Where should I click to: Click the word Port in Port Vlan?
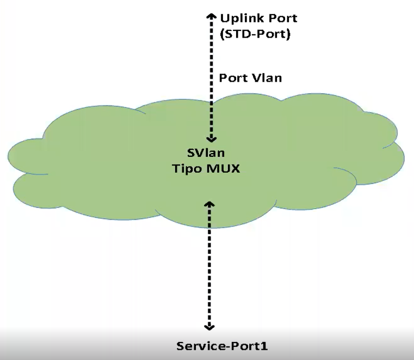(232, 77)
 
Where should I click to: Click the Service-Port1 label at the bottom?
(223, 345)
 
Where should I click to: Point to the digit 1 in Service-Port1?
(265, 345)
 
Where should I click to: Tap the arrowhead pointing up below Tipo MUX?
(209, 203)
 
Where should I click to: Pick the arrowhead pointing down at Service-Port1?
(209, 327)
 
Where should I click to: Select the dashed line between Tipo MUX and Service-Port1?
(209, 267)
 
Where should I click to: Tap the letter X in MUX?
(236, 168)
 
